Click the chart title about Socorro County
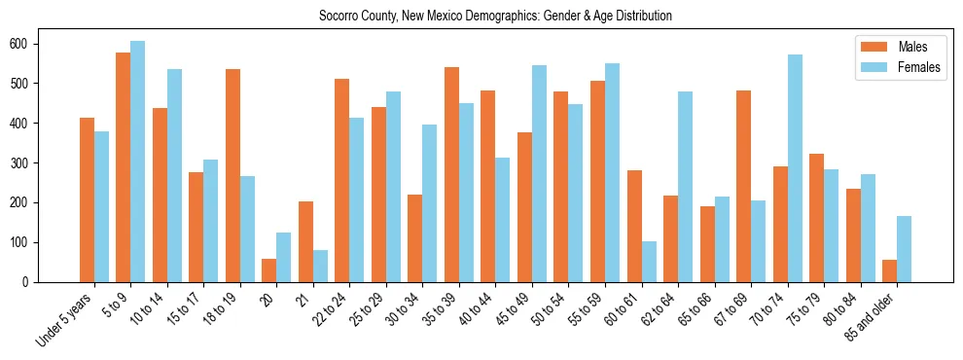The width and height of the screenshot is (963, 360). click(495, 17)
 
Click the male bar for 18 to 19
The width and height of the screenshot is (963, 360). click(232, 175)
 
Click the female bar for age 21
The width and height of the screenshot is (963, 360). click(320, 266)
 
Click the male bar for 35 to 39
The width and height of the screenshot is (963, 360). click(451, 174)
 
